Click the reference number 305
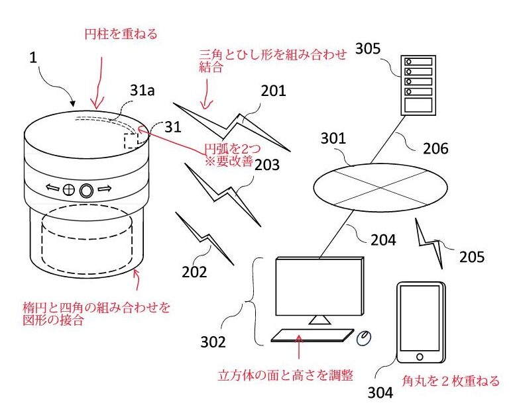[368, 49]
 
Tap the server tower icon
[418, 85]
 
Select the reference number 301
[333, 138]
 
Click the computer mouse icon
[363, 338]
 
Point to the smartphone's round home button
[420, 357]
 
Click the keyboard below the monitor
[312, 335]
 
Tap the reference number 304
[380, 393]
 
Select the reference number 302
[213, 342]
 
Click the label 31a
[143, 90]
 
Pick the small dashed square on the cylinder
[131, 142]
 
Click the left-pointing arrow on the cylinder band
[52, 189]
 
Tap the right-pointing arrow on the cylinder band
[105, 189]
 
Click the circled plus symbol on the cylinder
[68, 190]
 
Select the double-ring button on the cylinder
[86, 191]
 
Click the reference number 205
[472, 257]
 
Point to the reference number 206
[435, 149]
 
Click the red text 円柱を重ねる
[121, 34]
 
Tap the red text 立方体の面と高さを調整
[285, 375]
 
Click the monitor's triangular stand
[319, 320]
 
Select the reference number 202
[194, 272]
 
